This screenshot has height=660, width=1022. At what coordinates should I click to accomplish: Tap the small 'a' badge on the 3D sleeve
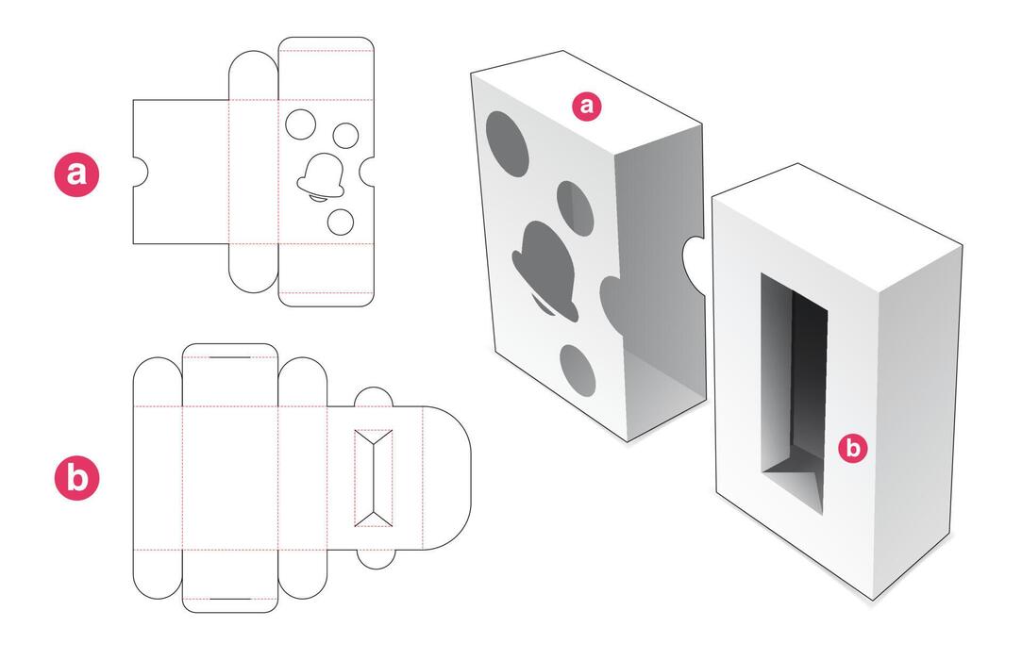(587, 107)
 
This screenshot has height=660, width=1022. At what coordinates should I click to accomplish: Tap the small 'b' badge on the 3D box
(853, 449)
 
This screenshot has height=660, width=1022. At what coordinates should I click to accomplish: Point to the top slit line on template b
(229, 359)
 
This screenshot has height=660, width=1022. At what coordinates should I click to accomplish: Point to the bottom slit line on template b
(229, 599)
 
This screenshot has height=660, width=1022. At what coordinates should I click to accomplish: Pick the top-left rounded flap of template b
(158, 381)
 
